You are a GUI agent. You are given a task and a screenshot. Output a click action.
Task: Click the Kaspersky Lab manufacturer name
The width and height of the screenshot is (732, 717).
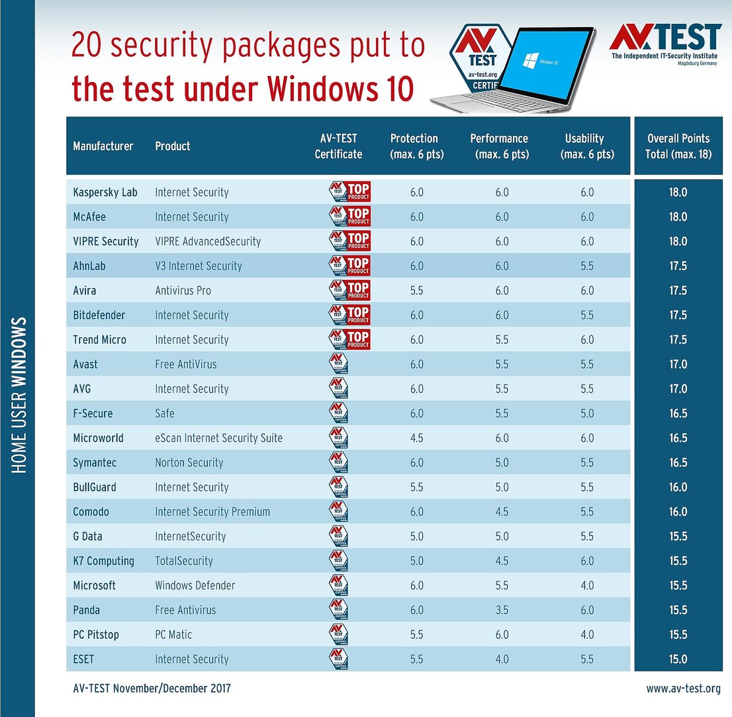point(105,192)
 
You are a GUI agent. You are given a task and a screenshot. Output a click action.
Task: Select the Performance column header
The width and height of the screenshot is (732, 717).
point(499,146)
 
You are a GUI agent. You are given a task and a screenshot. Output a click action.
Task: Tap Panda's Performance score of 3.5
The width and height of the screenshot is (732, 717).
point(502,610)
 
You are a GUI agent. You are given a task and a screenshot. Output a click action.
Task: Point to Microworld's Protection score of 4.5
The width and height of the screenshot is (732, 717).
point(416,438)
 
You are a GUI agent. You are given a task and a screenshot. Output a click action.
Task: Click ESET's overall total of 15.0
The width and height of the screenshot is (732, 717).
point(678,659)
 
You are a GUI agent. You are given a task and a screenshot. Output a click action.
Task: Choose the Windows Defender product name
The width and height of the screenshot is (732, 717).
point(195,585)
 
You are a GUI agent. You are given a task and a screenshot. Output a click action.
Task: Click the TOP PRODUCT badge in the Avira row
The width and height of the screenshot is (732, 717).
point(349,290)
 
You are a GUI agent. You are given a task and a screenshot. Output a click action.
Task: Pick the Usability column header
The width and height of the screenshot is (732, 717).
point(584,146)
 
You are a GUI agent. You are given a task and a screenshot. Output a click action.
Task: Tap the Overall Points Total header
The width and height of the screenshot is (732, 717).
point(678,146)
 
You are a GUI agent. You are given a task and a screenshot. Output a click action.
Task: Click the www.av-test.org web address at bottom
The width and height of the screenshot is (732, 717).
point(683,689)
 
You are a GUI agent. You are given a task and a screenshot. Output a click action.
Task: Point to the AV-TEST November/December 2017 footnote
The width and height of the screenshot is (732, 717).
point(152,689)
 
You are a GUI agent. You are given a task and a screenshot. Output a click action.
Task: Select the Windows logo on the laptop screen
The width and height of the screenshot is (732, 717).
point(529,62)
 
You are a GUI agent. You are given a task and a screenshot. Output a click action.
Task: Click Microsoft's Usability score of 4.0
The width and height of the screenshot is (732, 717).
point(586,585)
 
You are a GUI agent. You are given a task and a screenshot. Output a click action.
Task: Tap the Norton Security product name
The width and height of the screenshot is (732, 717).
point(189,462)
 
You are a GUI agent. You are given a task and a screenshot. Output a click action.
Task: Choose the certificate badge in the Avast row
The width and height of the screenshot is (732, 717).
point(338,364)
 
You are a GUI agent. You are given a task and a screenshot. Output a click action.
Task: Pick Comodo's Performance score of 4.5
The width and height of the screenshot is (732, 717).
point(502,512)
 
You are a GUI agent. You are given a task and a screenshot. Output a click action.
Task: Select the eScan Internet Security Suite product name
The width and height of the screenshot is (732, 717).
point(218,438)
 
